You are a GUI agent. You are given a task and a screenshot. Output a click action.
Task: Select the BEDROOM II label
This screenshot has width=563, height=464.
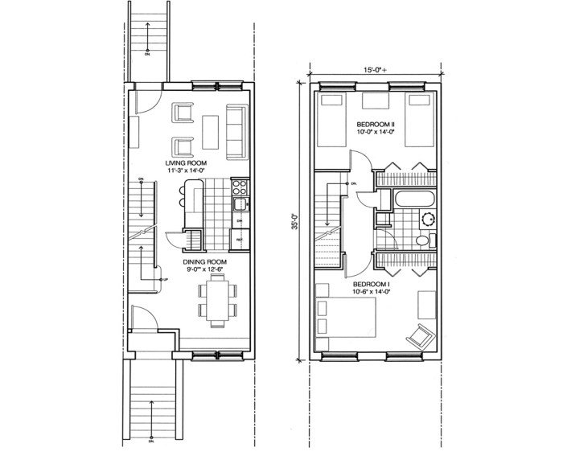(x=376, y=125)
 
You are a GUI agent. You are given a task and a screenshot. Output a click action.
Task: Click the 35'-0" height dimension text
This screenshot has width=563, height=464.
(x=295, y=222)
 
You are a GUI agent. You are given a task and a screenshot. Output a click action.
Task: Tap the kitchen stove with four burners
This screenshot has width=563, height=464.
(x=239, y=188)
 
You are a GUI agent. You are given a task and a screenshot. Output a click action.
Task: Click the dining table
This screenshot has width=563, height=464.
(x=217, y=299)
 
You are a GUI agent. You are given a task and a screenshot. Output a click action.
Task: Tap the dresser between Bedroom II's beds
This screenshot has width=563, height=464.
(x=375, y=101)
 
